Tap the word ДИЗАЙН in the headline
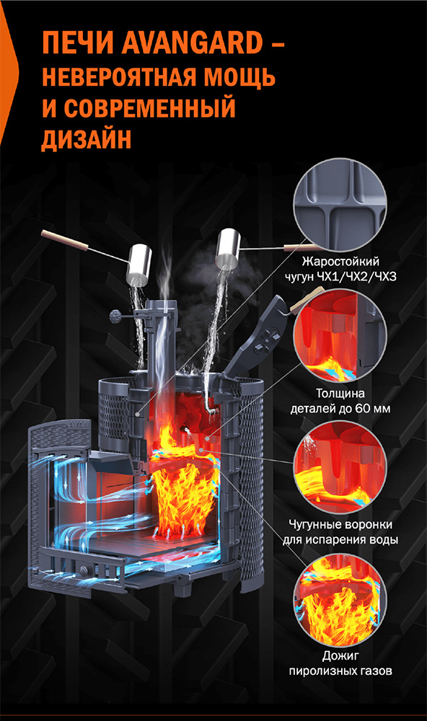click(87, 138)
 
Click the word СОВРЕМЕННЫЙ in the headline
click(149, 107)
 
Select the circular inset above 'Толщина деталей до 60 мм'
click(340, 335)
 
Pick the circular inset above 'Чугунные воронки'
click(340, 466)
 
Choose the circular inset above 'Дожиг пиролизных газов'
click(340, 598)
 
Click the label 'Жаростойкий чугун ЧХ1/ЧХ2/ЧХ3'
click(340, 269)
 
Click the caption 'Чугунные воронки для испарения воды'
click(340, 531)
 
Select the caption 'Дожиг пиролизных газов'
click(340, 663)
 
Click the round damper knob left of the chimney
click(115, 316)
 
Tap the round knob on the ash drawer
click(84, 570)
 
